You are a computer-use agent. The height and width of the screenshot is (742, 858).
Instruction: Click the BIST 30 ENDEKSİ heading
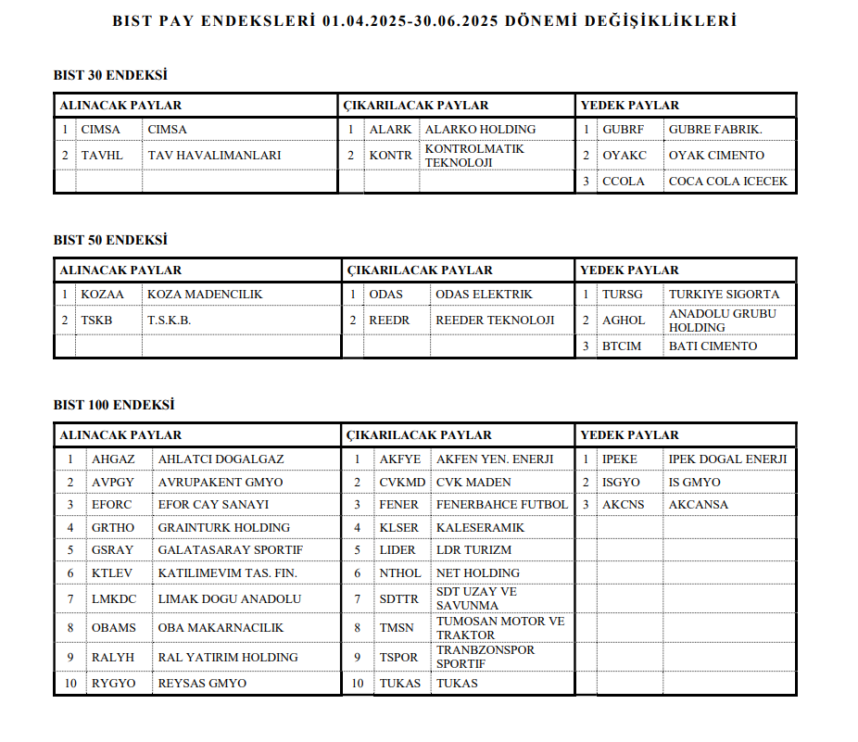pyautogui.click(x=110, y=75)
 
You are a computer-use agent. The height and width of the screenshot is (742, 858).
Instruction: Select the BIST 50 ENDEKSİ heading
pyautogui.click(x=110, y=240)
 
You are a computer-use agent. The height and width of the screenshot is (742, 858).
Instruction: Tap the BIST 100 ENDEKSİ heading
pyautogui.click(x=114, y=405)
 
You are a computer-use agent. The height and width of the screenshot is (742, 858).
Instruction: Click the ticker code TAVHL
pyautogui.click(x=102, y=156)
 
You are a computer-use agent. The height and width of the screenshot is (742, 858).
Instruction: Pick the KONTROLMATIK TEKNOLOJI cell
pyautogui.click(x=474, y=156)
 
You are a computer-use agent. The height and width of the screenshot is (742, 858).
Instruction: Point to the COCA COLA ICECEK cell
pyautogui.click(x=727, y=182)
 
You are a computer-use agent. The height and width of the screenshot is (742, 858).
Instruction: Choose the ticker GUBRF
pyautogui.click(x=623, y=130)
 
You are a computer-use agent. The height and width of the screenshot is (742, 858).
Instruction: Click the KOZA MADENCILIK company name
pyautogui.click(x=205, y=295)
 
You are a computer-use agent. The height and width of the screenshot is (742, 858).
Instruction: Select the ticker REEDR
pyautogui.click(x=389, y=321)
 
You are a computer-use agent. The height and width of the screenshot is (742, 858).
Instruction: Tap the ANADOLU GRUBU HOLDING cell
pyautogui.click(x=723, y=321)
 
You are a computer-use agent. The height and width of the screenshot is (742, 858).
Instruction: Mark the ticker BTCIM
pyautogui.click(x=623, y=346)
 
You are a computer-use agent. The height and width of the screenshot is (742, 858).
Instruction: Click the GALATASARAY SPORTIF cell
pyautogui.click(x=231, y=550)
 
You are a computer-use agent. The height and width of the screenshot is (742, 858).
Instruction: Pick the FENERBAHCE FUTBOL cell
pyautogui.click(x=501, y=505)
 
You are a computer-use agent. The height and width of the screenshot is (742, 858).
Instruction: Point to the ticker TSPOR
pyautogui.click(x=399, y=658)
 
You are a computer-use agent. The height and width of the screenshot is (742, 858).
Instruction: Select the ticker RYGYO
pyautogui.click(x=113, y=684)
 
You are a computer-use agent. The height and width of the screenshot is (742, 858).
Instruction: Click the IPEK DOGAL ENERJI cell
pyautogui.click(x=727, y=459)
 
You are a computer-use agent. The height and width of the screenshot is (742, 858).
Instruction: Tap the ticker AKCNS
pyautogui.click(x=623, y=505)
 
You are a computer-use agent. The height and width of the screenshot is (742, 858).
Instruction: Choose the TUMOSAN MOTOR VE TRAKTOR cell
pyautogui.click(x=500, y=628)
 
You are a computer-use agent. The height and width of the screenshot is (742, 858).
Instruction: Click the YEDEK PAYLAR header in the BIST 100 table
pyautogui.click(x=629, y=435)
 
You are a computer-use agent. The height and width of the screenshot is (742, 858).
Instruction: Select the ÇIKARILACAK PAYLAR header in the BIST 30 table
pyautogui.click(x=416, y=106)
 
